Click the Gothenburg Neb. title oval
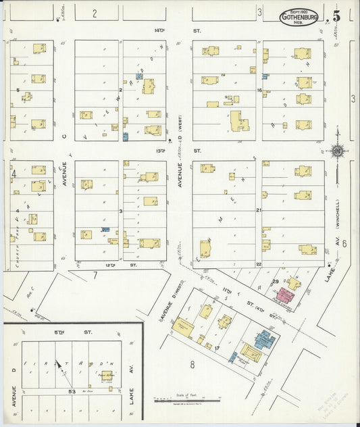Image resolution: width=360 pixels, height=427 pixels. pos(299,17)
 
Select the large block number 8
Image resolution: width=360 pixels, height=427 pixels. pos(192,366)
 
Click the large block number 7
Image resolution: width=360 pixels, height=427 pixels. pos(95,275)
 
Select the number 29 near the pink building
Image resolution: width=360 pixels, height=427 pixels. pos(275,280)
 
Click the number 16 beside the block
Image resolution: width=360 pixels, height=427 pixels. pos(259,90)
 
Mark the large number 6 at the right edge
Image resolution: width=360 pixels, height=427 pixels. pos(344,243)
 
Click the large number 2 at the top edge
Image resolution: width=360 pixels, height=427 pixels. pos(95,13)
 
